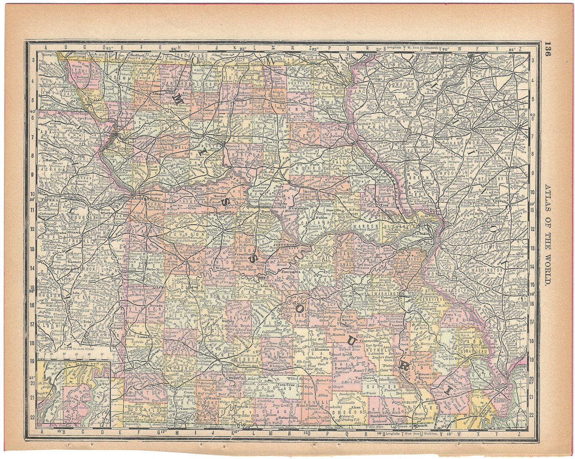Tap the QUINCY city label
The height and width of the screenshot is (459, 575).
(370, 124)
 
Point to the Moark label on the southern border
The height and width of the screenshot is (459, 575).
(420, 425)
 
